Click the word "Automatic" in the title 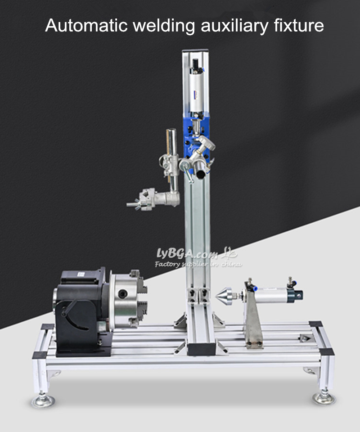point(86,25)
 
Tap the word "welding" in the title point(164,26)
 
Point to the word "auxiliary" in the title point(234,26)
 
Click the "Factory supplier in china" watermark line point(198,264)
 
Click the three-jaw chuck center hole point(122,294)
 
